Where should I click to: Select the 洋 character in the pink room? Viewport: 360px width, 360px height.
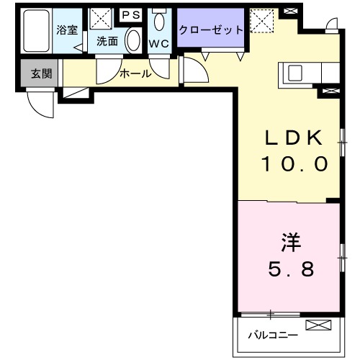tap(290, 243)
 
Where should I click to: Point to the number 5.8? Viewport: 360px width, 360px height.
tap(290, 270)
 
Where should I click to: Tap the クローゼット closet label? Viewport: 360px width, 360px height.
tap(210, 30)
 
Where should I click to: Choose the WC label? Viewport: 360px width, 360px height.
tap(158, 42)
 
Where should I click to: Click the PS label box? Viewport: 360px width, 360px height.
tap(130, 14)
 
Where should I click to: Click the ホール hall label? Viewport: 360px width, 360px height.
tap(135, 73)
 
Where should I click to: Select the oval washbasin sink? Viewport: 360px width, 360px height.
tap(133, 40)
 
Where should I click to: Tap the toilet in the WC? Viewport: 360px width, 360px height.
tap(159, 22)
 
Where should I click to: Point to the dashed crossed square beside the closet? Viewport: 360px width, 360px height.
tap(262, 19)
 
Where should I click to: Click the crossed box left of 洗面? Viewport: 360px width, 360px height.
tap(98, 19)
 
